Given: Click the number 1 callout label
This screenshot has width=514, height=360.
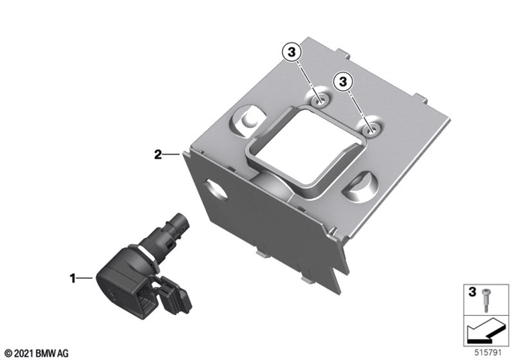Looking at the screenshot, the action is point(73,278).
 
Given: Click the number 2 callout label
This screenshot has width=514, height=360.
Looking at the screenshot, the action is point(158,154).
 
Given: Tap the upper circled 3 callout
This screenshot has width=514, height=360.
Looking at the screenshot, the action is point(291,51).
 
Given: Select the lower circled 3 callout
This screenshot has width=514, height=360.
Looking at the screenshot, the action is point(343,81).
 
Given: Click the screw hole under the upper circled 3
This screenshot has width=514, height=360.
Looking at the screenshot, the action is point(320,101).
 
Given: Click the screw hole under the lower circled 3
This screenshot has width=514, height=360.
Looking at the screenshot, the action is point(372,130).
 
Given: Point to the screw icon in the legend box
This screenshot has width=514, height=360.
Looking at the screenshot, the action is point(485,301).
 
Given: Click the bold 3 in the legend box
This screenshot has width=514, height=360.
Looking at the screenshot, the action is point(472,292).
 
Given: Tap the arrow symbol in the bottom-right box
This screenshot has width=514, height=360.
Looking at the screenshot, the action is point(483,332).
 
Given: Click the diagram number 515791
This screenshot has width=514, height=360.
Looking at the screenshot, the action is point(487,353).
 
